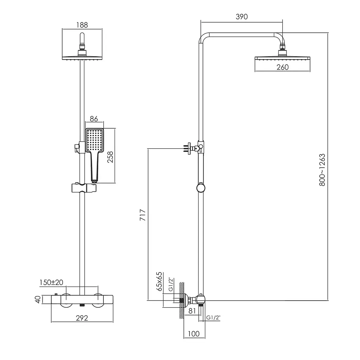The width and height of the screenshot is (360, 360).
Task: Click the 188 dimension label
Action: tap(82, 25)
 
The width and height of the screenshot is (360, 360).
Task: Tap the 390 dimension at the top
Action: tap(242, 17)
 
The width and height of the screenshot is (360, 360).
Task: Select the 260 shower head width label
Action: tap(282, 67)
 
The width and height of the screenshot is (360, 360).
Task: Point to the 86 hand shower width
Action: tap(94, 119)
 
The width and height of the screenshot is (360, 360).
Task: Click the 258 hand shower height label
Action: tap(110, 157)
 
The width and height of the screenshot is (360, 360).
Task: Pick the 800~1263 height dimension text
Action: tap(322, 170)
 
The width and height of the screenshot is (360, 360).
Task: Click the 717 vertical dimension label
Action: tap(143, 215)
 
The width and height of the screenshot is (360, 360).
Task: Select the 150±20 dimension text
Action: tap(51, 282)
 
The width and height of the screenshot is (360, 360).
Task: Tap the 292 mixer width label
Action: tap(82, 318)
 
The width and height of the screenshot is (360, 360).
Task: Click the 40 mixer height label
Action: tap(38, 300)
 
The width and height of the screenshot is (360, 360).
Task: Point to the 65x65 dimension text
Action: tap(159, 282)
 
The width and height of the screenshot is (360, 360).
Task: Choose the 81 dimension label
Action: tap(192, 311)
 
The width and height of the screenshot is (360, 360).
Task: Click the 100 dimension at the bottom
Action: tap(194, 334)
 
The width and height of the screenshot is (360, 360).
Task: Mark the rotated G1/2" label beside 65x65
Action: tap(171, 284)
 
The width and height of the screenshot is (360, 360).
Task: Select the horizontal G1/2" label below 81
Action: tap(213, 317)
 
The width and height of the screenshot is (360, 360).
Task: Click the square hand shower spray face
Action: tap(94, 140)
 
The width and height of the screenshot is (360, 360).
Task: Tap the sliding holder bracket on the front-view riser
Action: tap(84, 188)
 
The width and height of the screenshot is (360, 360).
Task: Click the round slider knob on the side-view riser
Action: tap(201, 188)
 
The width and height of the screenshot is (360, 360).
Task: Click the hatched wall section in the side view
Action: tap(182, 300)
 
